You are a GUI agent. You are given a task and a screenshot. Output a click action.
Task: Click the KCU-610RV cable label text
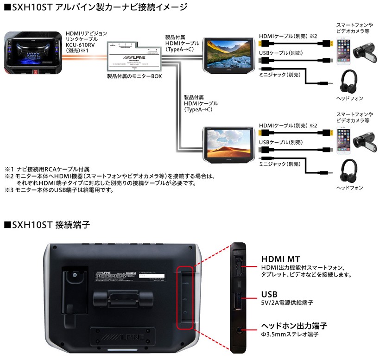pyautogui.click(x=80, y=45)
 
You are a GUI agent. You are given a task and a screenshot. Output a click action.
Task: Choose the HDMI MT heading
pyautogui.click(x=280, y=259)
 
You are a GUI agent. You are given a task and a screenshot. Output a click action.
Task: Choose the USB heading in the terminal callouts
pyautogui.click(x=269, y=294)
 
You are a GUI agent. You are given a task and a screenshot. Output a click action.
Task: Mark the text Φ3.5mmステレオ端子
pyautogui.click(x=290, y=334)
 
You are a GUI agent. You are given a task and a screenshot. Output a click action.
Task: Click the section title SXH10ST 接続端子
pyautogui.click(x=47, y=225)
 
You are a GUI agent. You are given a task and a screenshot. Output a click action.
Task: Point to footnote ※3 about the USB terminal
pyautogui.click(x=65, y=189)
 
